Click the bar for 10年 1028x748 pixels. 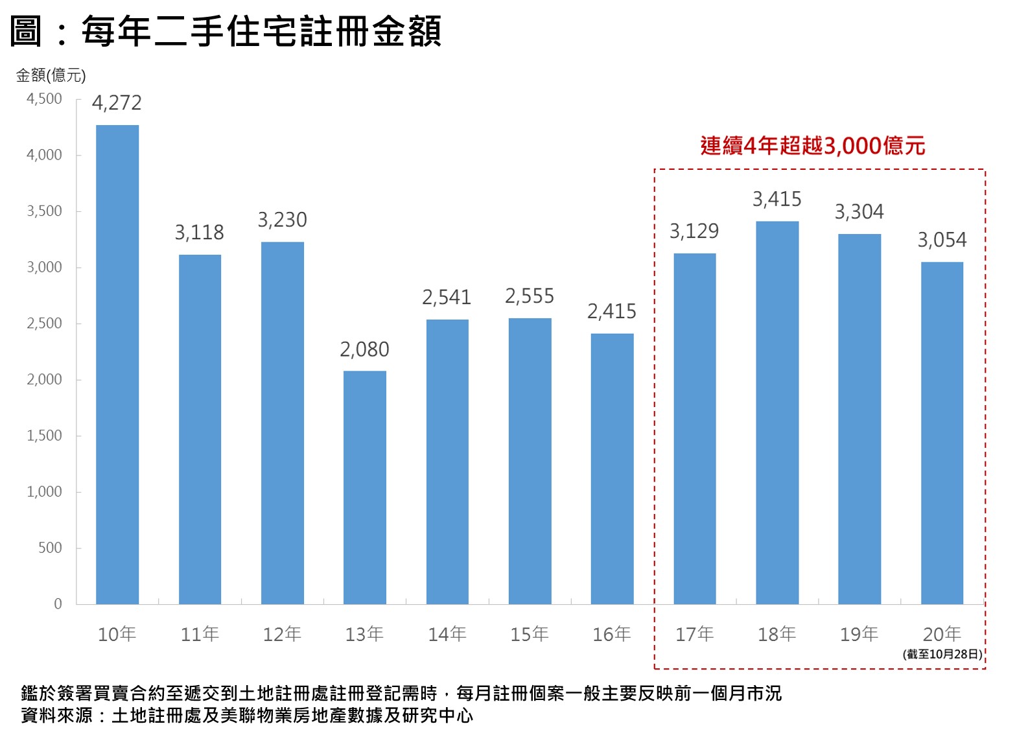[x=117, y=364]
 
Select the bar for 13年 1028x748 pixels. [x=365, y=487]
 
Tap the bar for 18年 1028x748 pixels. [x=777, y=412]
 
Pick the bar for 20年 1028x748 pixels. [x=942, y=433]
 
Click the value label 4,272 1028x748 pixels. [x=117, y=103]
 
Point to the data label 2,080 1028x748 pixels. [x=364, y=350]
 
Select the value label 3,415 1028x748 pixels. [x=777, y=200]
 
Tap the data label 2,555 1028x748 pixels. [x=530, y=297]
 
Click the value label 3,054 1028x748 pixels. [x=942, y=240]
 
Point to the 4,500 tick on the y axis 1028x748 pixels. [x=44, y=99]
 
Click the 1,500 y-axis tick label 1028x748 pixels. [x=44, y=436]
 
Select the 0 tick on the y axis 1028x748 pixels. [x=58, y=604]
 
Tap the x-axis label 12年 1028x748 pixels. [x=282, y=634]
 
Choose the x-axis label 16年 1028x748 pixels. [x=612, y=634]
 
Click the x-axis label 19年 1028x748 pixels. [x=859, y=634]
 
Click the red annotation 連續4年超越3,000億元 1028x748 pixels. [x=812, y=146]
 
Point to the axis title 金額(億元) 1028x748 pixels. [x=51, y=76]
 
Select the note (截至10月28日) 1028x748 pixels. [x=942, y=654]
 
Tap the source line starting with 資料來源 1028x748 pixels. [x=247, y=716]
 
